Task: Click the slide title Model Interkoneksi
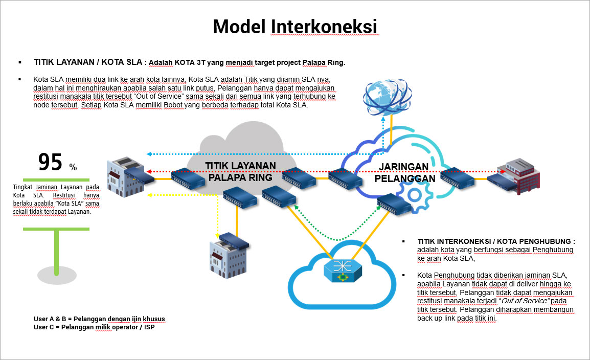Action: click(x=295, y=26)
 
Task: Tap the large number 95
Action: click(x=50, y=162)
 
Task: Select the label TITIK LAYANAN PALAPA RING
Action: click(x=240, y=172)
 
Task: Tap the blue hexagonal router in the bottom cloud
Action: click(x=342, y=268)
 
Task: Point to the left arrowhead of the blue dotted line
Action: click(x=148, y=153)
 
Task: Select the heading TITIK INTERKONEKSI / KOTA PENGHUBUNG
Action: click(x=496, y=241)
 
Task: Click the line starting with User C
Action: click(x=94, y=327)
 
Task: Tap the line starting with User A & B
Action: click(x=99, y=319)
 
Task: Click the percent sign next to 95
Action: click(x=73, y=167)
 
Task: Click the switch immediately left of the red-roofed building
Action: click(x=456, y=177)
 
